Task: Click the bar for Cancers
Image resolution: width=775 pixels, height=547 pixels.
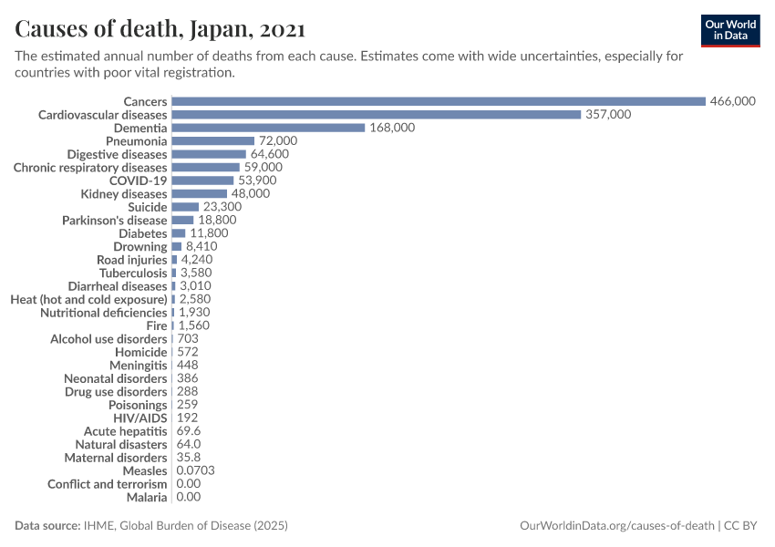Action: tap(438, 101)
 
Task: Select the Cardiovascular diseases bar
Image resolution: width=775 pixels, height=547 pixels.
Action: tap(376, 115)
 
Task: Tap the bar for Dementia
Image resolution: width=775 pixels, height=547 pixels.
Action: tap(268, 128)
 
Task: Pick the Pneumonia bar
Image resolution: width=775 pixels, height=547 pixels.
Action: tap(212, 141)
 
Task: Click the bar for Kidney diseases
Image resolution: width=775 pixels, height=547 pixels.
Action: tap(199, 194)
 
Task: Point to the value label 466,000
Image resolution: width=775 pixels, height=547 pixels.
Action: tap(733, 101)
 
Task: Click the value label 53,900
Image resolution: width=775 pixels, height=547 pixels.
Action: tap(258, 181)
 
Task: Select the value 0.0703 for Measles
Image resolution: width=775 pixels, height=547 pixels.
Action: tap(195, 470)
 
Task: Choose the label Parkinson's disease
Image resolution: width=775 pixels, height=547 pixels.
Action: tap(114, 221)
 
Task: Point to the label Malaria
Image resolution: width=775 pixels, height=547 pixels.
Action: tap(147, 497)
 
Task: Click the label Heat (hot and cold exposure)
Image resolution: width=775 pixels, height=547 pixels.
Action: tap(88, 299)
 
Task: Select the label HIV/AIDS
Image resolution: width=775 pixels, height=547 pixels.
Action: tap(141, 418)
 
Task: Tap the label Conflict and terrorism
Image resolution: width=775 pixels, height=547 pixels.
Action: tap(108, 484)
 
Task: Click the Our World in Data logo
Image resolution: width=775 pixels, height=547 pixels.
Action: tap(729, 29)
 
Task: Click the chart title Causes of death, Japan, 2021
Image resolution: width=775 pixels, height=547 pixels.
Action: tap(160, 29)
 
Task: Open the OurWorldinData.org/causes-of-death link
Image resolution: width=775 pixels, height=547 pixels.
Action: tap(616, 526)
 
